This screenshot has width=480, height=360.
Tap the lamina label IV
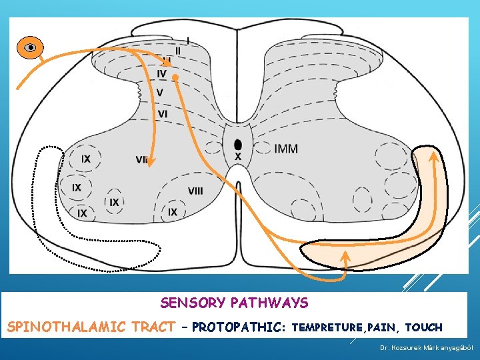pyautogui.click(x=162, y=73)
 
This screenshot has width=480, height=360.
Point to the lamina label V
pyautogui.click(x=160, y=92)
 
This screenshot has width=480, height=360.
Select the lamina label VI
pyautogui.click(x=163, y=114)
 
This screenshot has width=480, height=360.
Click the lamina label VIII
pyautogui.click(x=195, y=191)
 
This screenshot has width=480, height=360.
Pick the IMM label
pyautogui.click(x=286, y=149)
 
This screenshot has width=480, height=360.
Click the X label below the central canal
pyautogui.click(x=238, y=157)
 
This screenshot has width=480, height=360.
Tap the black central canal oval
pyautogui.click(x=238, y=144)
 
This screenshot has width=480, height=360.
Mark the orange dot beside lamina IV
pyautogui.click(x=175, y=78)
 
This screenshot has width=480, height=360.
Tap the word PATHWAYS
pyautogui.click(x=270, y=303)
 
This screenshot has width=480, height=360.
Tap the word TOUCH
pyautogui.click(x=423, y=328)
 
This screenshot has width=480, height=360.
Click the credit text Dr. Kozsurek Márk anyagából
pyautogui.click(x=426, y=348)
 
